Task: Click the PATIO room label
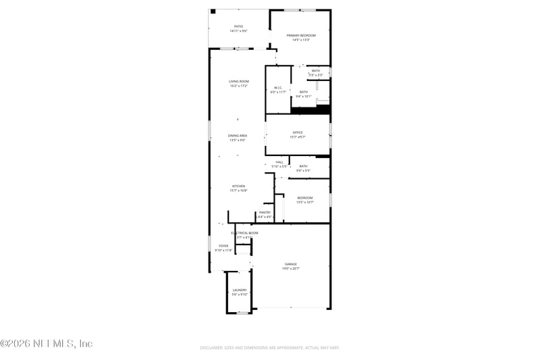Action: pyautogui.click(x=239, y=26)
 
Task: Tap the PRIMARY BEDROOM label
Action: pyautogui.click(x=301, y=35)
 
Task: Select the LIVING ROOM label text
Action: pyautogui.click(x=239, y=82)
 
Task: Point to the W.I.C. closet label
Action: pyautogui.click(x=277, y=87)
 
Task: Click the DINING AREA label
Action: pyautogui.click(x=238, y=136)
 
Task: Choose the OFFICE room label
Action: pyautogui.click(x=298, y=132)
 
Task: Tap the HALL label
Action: pyautogui.click(x=279, y=162)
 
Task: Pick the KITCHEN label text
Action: pyautogui.click(x=239, y=186)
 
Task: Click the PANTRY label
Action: pyautogui.click(x=265, y=212)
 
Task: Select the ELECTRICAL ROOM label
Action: pyautogui.click(x=244, y=233)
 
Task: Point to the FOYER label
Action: pyautogui.click(x=223, y=246)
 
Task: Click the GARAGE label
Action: pyautogui.click(x=291, y=264)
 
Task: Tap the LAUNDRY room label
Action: pyautogui.click(x=240, y=290)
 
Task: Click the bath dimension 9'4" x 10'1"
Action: pyautogui.click(x=304, y=97)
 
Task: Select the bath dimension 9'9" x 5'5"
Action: pyautogui.click(x=303, y=170)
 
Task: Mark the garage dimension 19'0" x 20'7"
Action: pyautogui.click(x=291, y=268)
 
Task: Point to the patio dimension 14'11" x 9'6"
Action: pyautogui.click(x=239, y=31)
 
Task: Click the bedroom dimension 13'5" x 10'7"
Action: pyautogui.click(x=305, y=202)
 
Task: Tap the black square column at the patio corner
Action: pyautogui.click(x=213, y=11)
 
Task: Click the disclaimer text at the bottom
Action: pyautogui.click(x=269, y=347)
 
